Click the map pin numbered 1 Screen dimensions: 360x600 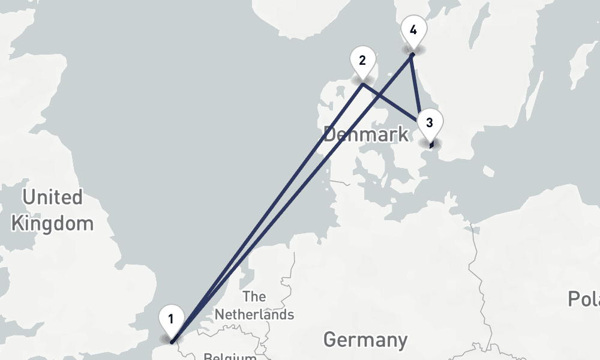pyautogui.click(x=171, y=320)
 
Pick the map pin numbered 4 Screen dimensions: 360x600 pyautogui.click(x=413, y=31)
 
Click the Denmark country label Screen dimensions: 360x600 pyautogui.click(x=366, y=134)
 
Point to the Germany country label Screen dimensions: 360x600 pyautogui.click(x=365, y=340)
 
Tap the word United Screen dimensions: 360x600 pyautogui.click(x=52, y=197)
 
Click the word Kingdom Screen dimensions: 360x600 pyautogui.click(x=52, y=224)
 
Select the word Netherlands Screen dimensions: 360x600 pyautogui.click(x=254, y=314)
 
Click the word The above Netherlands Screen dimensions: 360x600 pyautogui.click(x=254, y=296)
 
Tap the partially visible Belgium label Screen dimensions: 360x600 pyautogui.click(x=230, y=356)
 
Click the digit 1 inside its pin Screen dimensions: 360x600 pyautogui.click(x=171, y=319)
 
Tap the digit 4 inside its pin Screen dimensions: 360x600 pyautogui.click(x=413, y=29)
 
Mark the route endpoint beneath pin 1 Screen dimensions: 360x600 pyautogui.click(x=172, y=343)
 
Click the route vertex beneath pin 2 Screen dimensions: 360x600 pyautogui.click(x=363, y=85)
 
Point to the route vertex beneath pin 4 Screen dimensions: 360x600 pyautogui.click(x=412, y=55)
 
